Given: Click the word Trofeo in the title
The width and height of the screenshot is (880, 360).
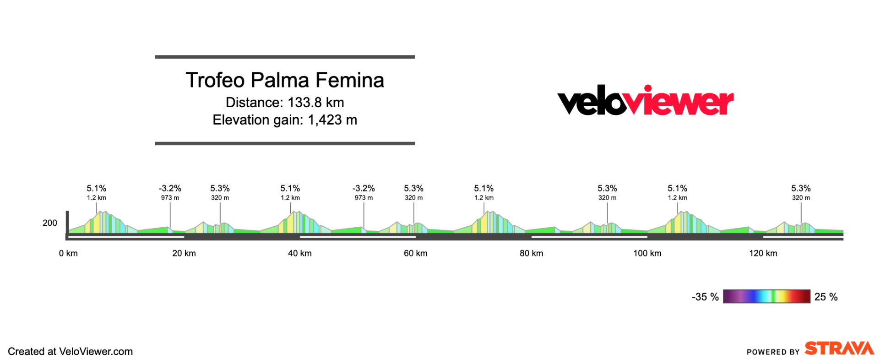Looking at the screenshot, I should (215, 80).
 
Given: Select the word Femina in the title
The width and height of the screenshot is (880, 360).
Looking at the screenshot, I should (349, 80).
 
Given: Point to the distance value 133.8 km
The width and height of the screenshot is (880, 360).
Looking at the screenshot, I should (315, 103).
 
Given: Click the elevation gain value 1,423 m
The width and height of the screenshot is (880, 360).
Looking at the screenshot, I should (332, 120).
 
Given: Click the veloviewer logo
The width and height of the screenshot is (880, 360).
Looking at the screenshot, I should (645, 100).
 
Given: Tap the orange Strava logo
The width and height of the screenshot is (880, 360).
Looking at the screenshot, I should (839, 349).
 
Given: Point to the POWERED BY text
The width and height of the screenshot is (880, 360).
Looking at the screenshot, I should (773, 352).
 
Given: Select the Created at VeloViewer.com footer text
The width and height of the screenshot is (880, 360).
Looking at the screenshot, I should (70, 351).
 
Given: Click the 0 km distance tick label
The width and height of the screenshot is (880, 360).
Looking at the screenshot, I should (68, 253).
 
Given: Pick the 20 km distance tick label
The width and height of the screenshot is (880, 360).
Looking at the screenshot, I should (184, 253).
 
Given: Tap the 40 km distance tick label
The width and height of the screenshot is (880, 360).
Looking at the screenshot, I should (300, 253).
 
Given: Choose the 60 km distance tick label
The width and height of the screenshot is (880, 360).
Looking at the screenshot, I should (416, 253).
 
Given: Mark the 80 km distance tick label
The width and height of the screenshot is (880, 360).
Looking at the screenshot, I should (532, 253).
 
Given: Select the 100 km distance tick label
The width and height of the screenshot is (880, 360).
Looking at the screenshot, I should (647, 253).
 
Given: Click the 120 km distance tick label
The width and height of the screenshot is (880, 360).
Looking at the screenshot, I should (763, 253).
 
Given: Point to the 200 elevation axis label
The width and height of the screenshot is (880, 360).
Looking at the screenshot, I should (50, 223).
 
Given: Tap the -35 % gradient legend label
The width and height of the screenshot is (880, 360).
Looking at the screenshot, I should (705, 297).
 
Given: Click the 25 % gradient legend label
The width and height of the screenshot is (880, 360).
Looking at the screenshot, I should (826, 297).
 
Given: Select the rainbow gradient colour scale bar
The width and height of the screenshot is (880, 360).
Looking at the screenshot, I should (766, 296).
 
